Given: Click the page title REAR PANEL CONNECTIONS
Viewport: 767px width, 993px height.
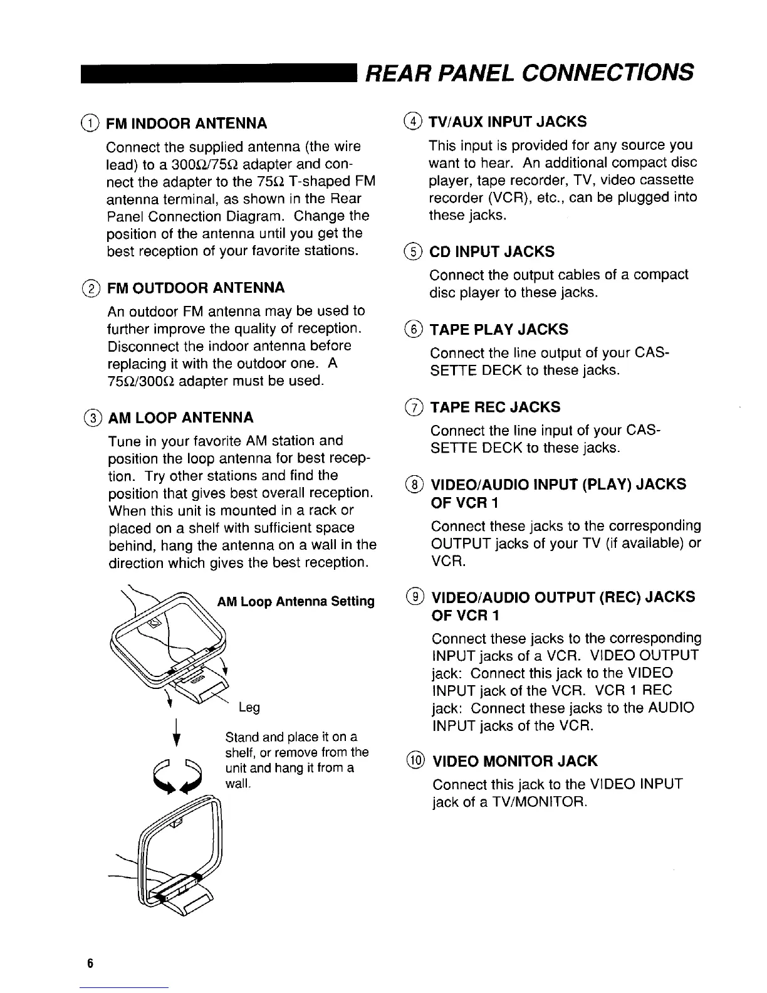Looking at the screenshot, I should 530,71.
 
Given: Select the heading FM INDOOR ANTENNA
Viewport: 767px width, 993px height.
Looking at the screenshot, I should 187,122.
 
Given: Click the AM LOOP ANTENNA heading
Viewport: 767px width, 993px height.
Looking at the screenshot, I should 181,418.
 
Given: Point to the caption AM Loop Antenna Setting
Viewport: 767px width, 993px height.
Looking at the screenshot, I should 296,602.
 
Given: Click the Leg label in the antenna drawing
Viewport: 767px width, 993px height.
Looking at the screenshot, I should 249,708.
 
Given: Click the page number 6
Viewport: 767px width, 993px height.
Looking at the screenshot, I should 90,964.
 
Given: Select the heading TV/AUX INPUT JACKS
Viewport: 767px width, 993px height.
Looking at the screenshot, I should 508,121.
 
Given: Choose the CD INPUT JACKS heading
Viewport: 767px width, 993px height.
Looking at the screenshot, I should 492,252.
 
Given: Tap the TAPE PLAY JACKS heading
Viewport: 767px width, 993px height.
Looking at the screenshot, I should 499,330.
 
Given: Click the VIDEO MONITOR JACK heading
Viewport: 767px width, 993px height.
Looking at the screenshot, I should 515,762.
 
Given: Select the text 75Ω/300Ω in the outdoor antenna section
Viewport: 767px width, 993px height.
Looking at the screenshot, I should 141,381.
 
